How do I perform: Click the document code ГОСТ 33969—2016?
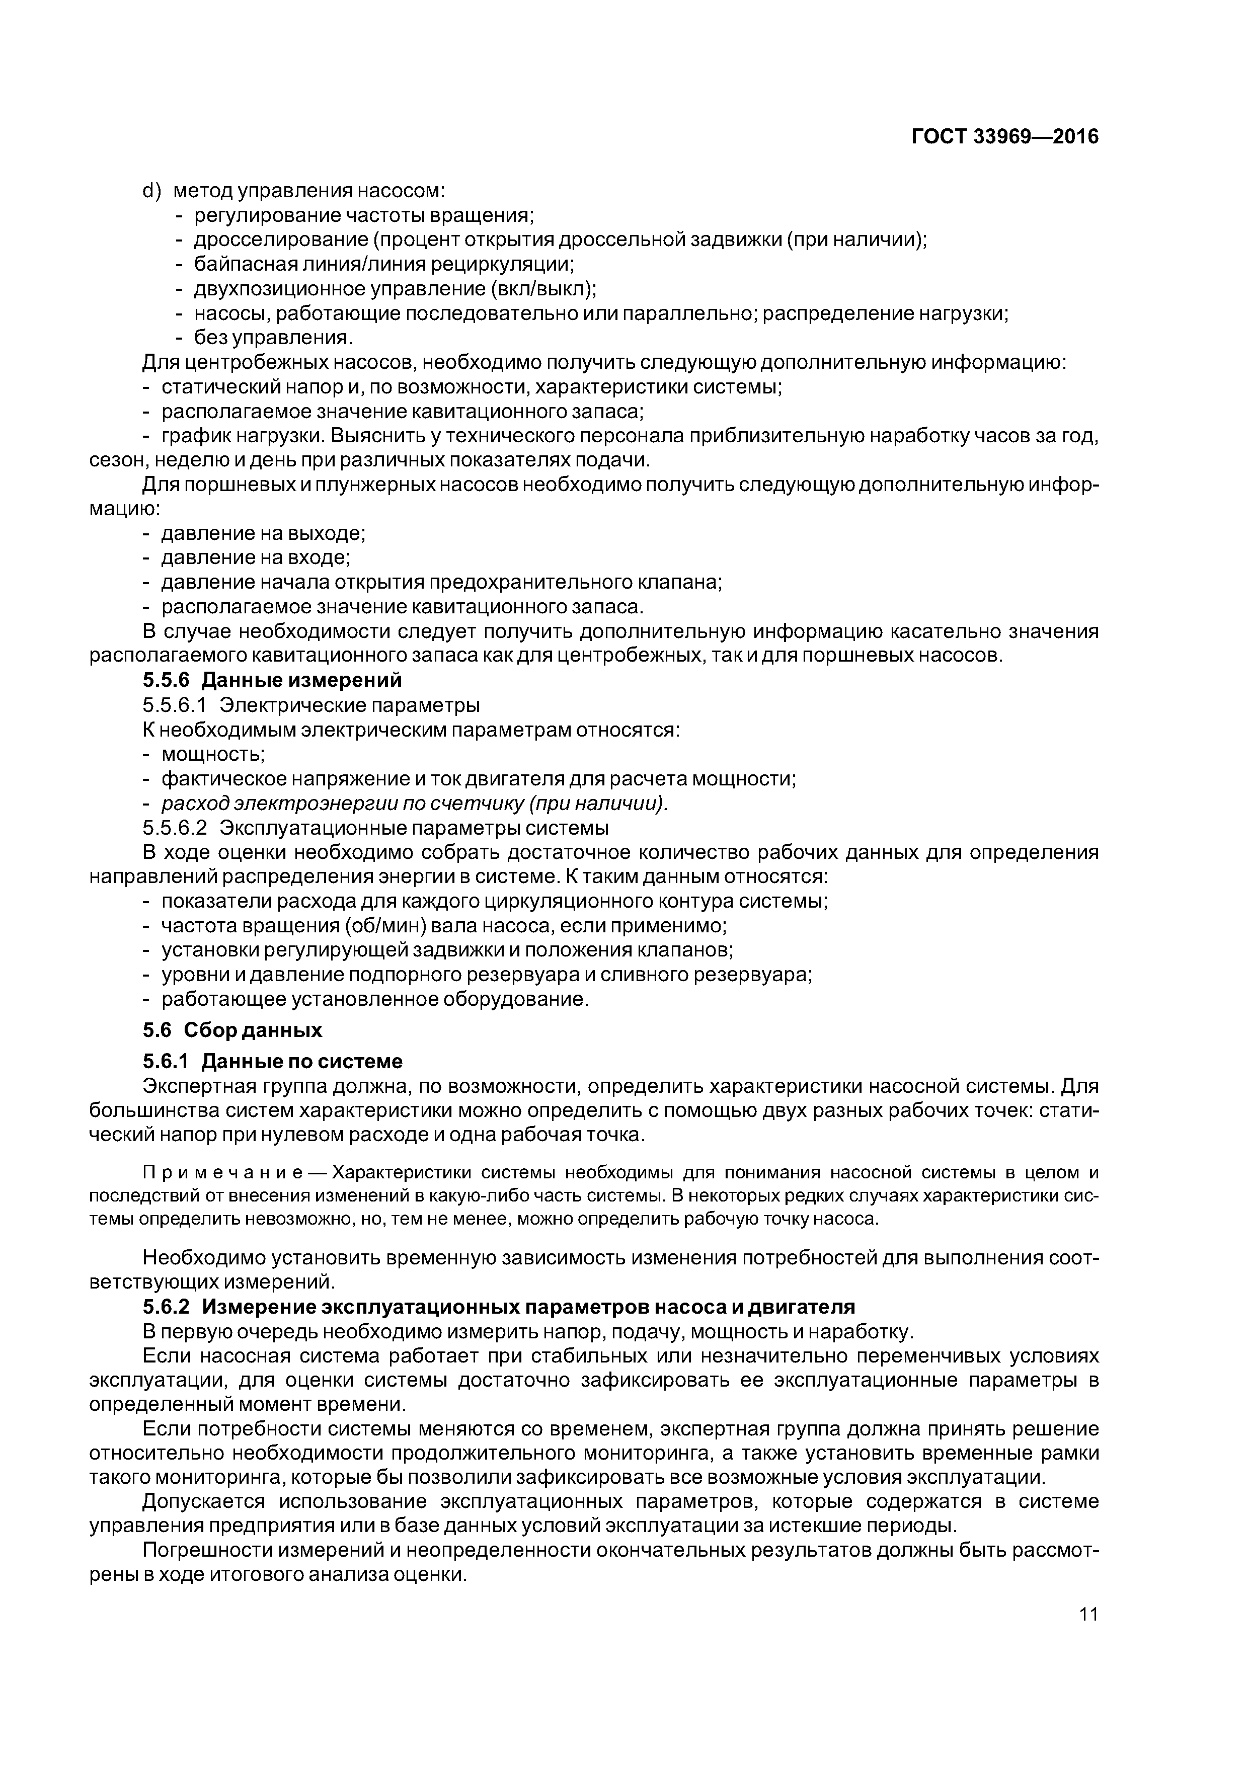[1005, 137]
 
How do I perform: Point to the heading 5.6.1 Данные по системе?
[272, 1062]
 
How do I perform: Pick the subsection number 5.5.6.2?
[175, 828]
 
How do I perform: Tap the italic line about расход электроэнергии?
[414, 804]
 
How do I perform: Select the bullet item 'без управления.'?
[273, 338]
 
